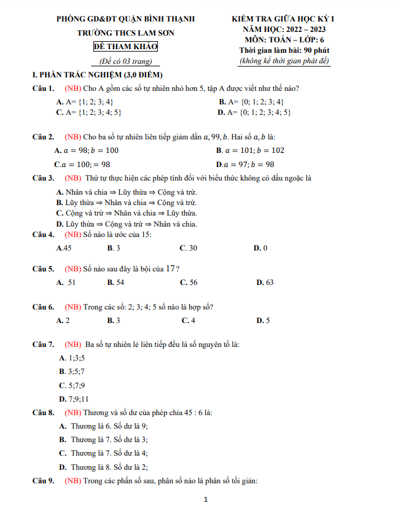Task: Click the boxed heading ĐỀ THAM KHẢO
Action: pos(125,47)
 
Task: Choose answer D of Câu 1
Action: pos(254,112)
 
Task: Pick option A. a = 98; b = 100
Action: pos(86,150)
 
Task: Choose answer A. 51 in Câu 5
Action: pos(66,282)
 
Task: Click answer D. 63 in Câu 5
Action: pos(265,282)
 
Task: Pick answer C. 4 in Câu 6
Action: pos(189,320)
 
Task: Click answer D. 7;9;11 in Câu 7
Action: pos(74,399)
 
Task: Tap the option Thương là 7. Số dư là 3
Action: pos(103,439)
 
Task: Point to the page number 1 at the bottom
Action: pos(206,500)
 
